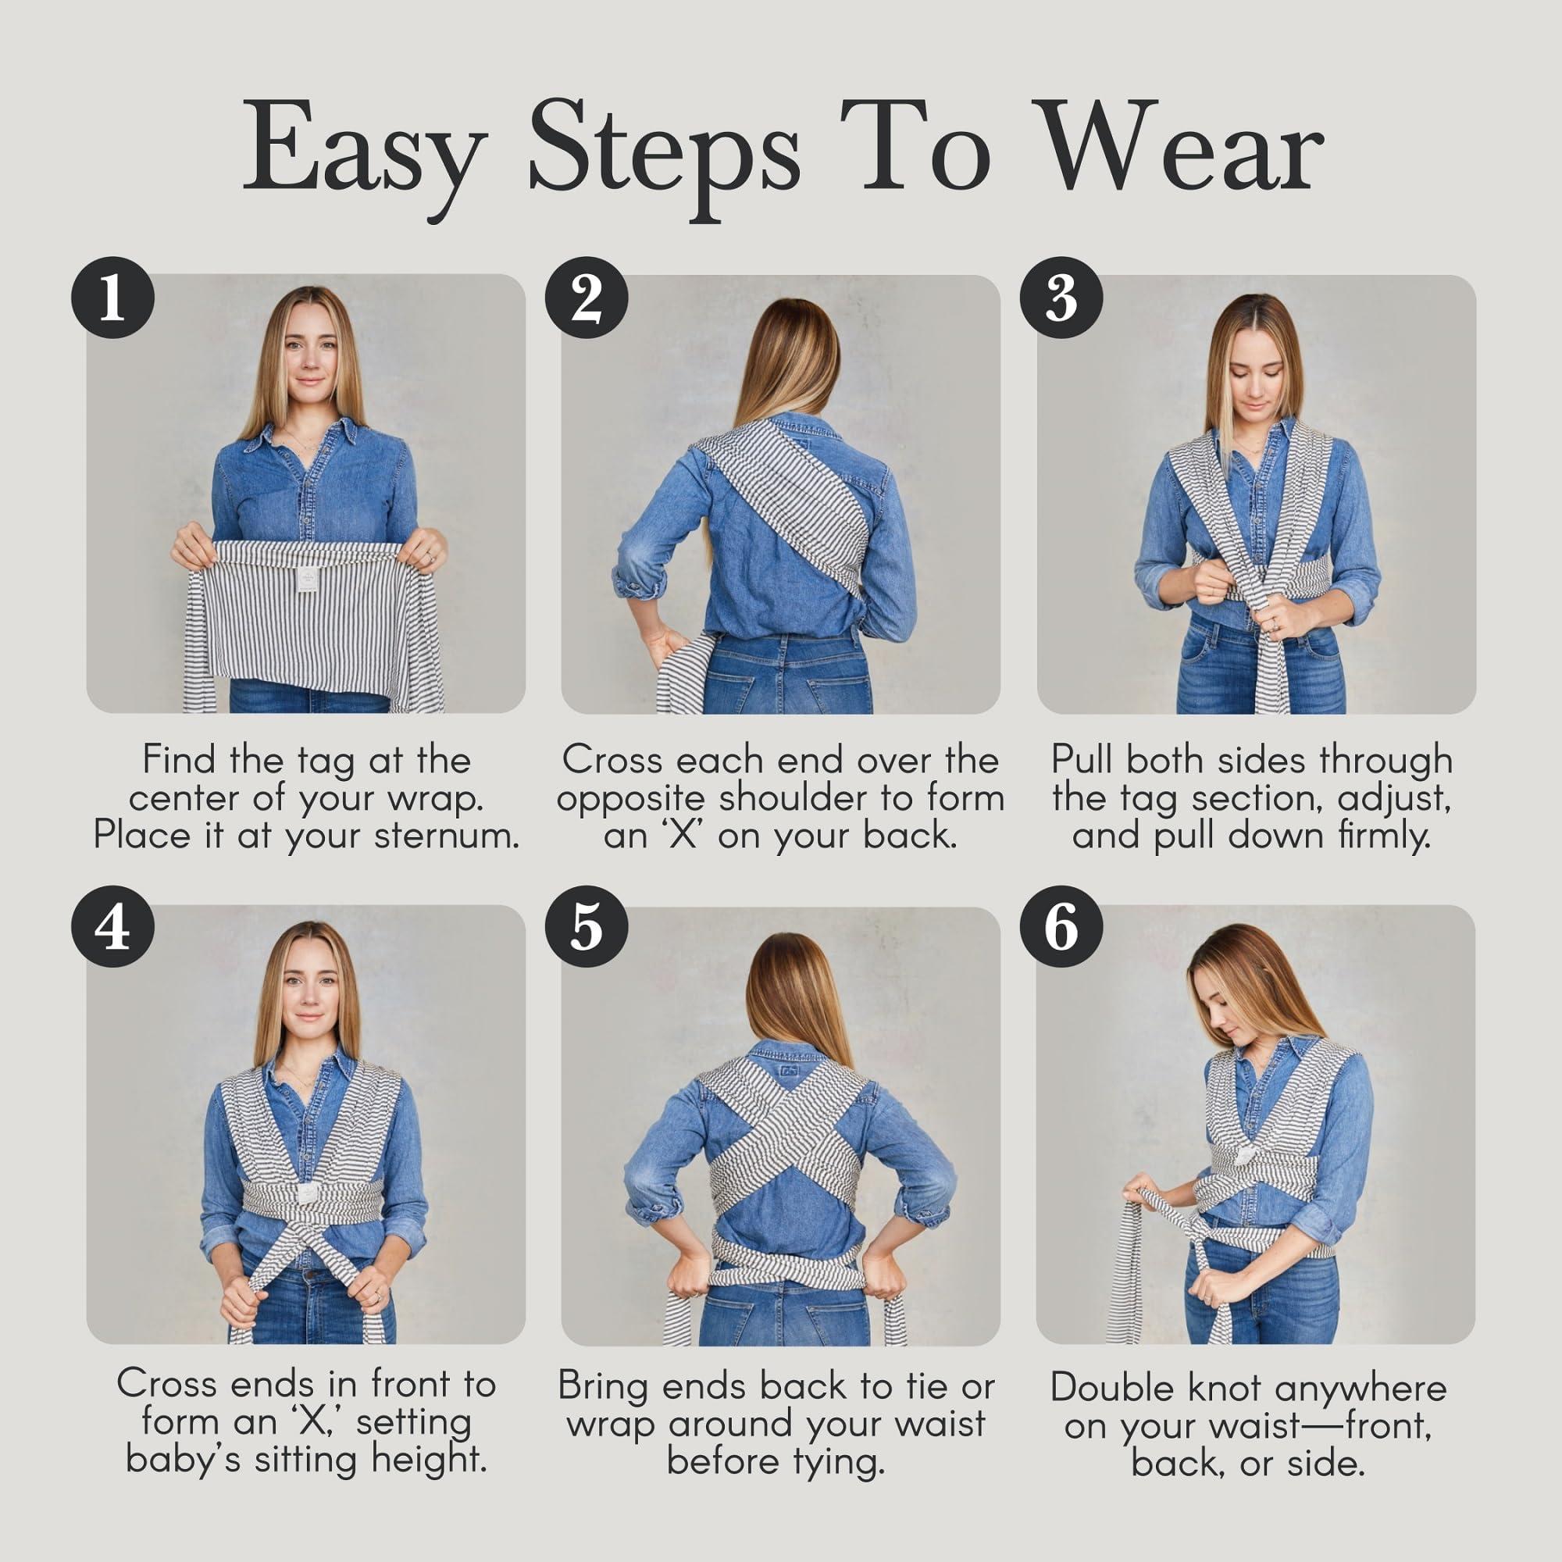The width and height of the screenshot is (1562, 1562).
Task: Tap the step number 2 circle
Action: [x=587, y=297]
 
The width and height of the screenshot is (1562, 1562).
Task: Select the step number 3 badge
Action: [x=1061, y=297]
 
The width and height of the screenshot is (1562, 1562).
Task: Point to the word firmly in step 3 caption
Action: [x=1383, y=835]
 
